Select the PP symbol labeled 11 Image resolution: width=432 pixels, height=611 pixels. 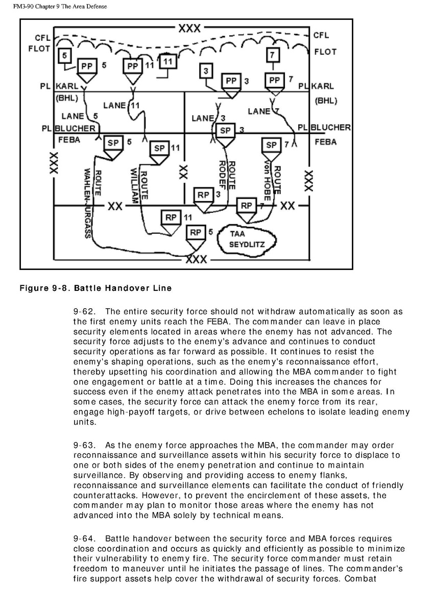click(133, 67)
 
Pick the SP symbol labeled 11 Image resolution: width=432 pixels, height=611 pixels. click(160, 149)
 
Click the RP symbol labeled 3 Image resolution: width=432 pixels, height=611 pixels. click(204, 196)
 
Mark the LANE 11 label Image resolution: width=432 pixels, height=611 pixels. click(122, 106)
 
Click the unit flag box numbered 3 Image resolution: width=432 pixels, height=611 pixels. click(205, 71)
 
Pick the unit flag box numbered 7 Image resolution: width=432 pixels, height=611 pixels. click(273, 54)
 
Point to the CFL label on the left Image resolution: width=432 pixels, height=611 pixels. click(42, 38)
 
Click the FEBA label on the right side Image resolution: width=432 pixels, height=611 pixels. click(325, 142)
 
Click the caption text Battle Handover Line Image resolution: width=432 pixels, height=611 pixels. click(123, 288)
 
